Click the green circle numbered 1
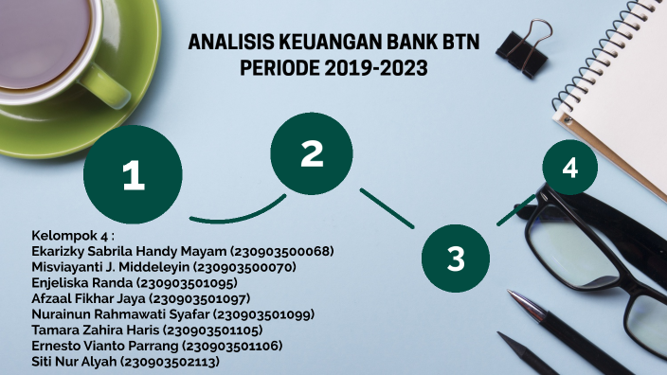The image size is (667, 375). tap(133, 173)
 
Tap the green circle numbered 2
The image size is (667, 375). tap(312, 153)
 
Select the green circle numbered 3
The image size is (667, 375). tap(456, 256)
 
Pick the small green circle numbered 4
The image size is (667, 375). tap(569, 169)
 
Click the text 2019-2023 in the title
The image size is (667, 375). tap(373, 69)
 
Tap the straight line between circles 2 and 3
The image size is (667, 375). tap(387, 208)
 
